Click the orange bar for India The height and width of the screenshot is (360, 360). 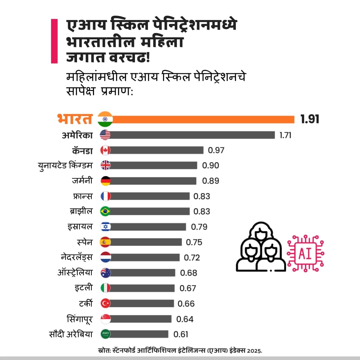(x=203, y=119)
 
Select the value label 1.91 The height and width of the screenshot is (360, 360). (x=310, y=119)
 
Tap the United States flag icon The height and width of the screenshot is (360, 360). (x=105, y=135)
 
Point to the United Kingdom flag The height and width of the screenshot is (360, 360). (x=105, y=165)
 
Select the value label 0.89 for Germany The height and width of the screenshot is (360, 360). (x=211, y=181)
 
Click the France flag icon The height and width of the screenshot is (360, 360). (x=105, y=196)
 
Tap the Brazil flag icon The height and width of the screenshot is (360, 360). (x=105, y=212)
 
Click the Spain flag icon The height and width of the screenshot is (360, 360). (x=105, y=242)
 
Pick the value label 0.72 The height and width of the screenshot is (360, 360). (x=192, y=258)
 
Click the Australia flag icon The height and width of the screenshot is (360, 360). (x=105, y=273)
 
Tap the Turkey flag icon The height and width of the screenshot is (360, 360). (x=105, y=303)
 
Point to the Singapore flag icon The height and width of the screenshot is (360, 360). (x=105, y=319)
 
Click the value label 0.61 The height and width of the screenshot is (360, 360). (x=181, y=334)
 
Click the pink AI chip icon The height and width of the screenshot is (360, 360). (x=305, y=253)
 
